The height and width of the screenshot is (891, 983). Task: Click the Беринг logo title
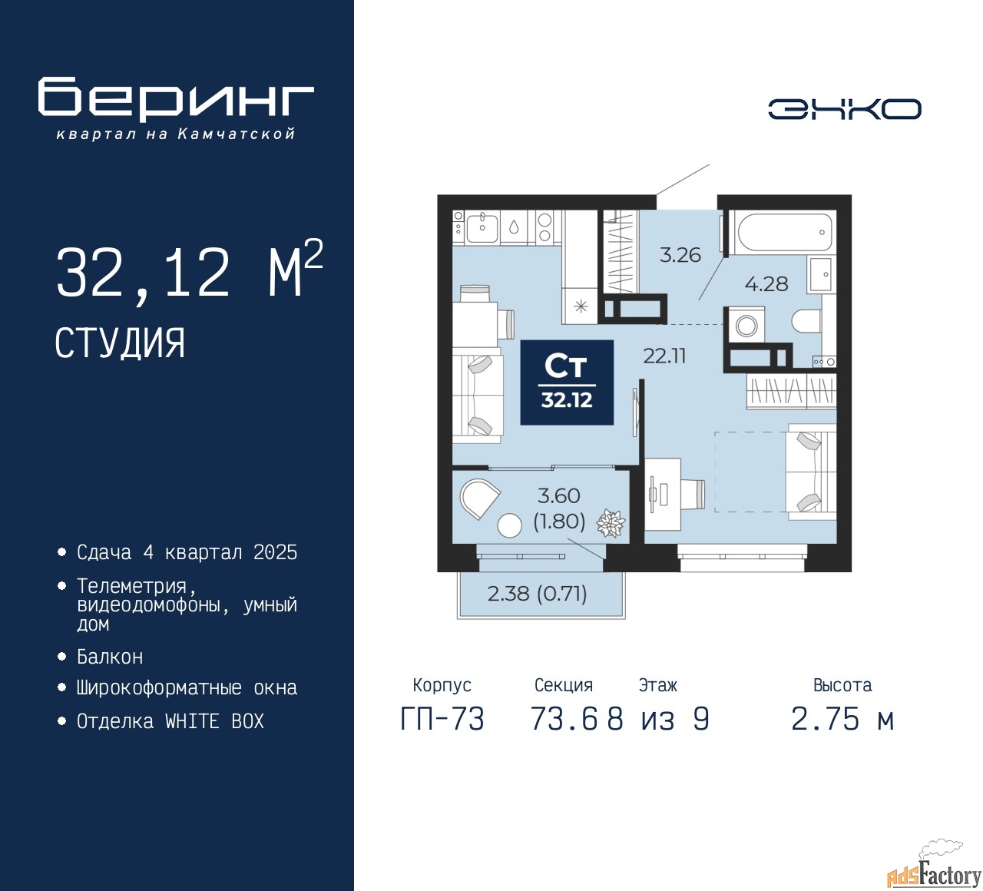176,98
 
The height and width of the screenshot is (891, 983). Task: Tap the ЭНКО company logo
844,109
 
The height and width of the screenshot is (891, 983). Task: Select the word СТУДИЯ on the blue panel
120,343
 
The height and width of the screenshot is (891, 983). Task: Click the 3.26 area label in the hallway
680,255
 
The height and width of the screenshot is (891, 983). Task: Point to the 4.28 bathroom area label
766,284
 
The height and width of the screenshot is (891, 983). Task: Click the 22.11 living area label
664,356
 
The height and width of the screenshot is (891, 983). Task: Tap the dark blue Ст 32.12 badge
567,383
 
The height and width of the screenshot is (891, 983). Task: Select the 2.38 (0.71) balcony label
537,593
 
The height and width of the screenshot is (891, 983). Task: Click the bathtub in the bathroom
783,232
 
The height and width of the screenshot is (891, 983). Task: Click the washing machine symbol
746,325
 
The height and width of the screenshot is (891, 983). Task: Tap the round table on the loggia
510,525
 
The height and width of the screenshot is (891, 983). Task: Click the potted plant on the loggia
611,524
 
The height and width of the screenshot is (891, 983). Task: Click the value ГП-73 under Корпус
442,720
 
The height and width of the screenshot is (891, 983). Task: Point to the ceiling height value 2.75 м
842,720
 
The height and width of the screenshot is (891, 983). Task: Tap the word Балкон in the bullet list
110,657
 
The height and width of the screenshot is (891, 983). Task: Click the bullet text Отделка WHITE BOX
170,721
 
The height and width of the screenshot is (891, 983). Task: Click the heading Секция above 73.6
564,685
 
